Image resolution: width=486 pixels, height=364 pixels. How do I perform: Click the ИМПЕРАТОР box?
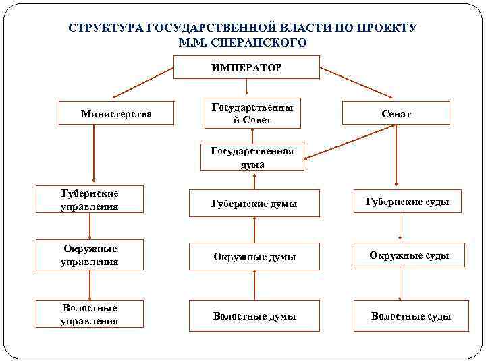click(x=246, y=67)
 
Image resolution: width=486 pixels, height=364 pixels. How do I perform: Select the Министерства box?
click(x=116, y=114)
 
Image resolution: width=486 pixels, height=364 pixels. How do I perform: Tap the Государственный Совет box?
click(x=252, y=114)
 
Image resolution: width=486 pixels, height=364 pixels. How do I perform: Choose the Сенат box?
click(x=396, y=114)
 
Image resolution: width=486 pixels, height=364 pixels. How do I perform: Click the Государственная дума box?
click(x=252, y=157)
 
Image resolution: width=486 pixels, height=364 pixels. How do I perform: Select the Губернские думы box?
click(x=254, y=203)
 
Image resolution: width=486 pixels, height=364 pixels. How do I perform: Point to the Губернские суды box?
click(x=407, y=202)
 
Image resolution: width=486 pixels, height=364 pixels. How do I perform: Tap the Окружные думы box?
click(x=254, y=257)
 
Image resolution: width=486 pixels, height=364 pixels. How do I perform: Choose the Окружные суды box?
click(x=409, y=255)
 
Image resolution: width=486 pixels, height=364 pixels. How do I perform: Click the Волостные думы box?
click(x=254, y=315)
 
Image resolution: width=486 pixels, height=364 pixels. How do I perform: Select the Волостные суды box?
click(x=410, y=315)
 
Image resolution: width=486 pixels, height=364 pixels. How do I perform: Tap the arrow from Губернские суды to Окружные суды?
click(x=400, y=228)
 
